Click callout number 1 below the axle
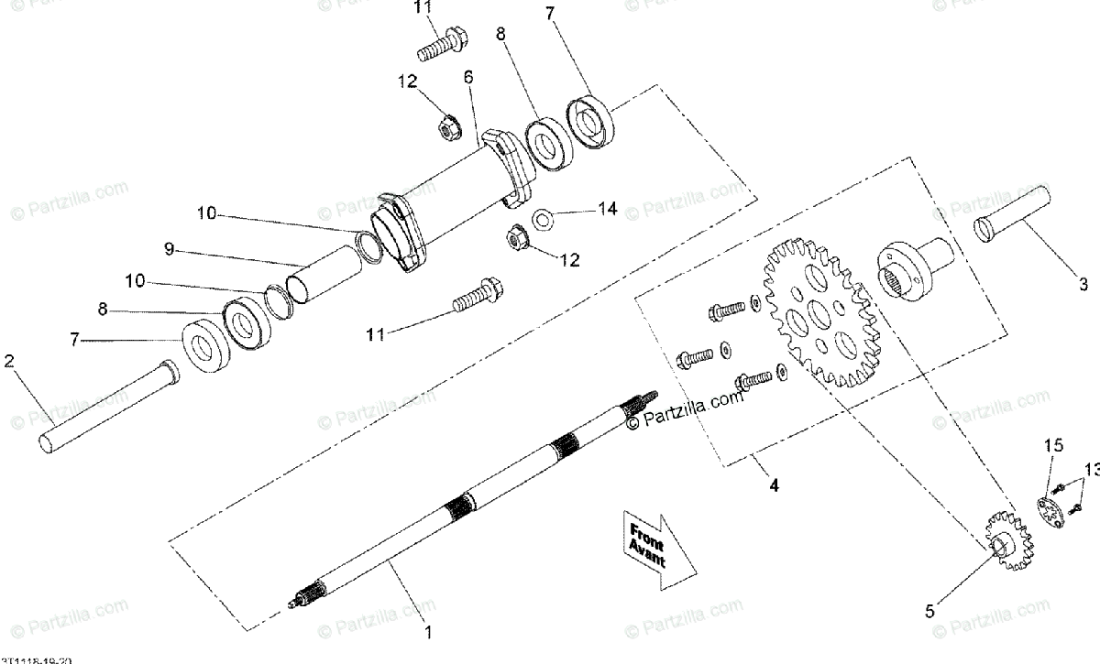(426, 631)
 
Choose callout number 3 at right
(1083, 284)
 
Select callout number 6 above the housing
(468, 78)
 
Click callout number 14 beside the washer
(608, 210)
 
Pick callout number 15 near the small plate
(1054, 445)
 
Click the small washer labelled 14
(543, 218)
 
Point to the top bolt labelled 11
(441, 42)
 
